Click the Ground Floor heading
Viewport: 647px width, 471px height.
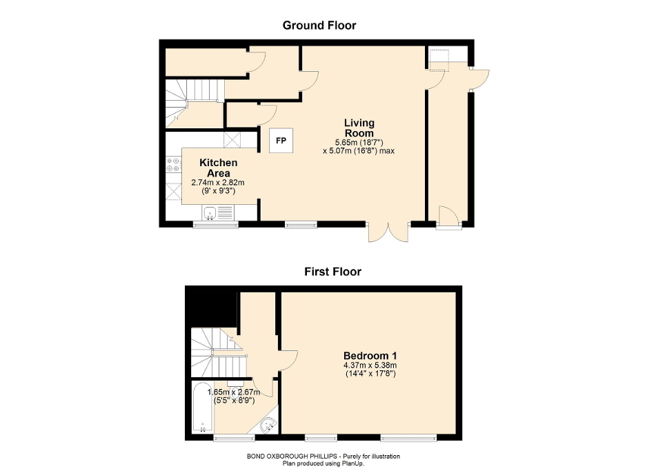click(319, 26)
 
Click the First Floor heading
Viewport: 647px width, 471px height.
click(332, 272)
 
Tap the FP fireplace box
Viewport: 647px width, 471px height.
click(281, 141)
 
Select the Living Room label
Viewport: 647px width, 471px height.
click(359, 128)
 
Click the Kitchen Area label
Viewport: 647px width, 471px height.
click(219, 168)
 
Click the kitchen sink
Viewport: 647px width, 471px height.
click(219, 214)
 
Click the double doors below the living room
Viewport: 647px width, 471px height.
click(388, 233)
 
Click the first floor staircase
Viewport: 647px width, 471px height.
click(217, 352)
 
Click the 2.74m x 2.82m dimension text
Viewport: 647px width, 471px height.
click(218, 183)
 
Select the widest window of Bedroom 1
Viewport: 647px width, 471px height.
click(409, 437)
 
